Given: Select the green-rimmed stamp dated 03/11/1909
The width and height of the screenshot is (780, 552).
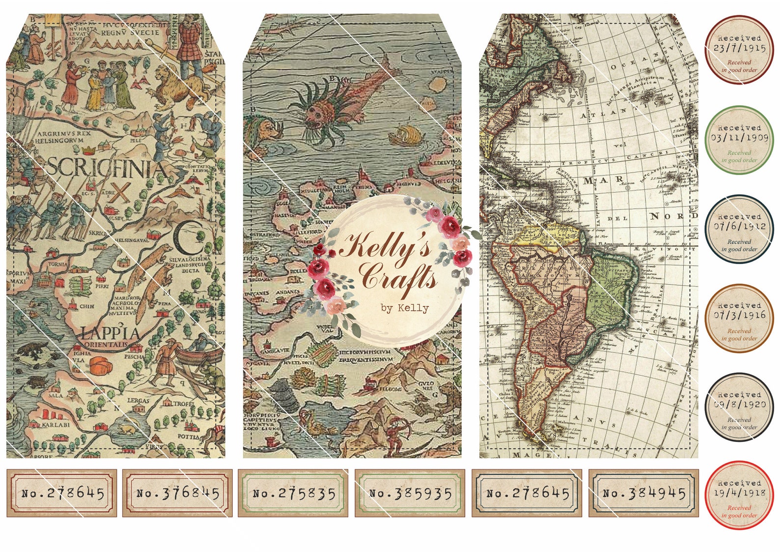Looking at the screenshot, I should [x=739, y=140].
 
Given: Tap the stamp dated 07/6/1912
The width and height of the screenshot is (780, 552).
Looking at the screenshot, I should [x=739, y=229].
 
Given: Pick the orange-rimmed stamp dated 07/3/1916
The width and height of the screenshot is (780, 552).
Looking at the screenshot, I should [x=739, y=318].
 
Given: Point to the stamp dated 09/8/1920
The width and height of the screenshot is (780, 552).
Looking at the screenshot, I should [x=739, y=407].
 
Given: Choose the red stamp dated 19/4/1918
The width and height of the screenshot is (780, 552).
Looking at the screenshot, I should [x=739, y=495].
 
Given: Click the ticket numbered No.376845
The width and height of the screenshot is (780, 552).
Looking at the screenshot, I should [x=177, y=493].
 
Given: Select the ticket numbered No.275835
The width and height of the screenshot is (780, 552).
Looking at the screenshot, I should [x=293, y=493].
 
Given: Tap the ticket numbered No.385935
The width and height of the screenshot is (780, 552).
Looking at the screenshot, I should [x=410, y=493].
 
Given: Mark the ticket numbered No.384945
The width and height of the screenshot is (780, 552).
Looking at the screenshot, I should [x=643, y=493].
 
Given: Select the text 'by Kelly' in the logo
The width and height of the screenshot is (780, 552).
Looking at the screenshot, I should [x=404, y=308].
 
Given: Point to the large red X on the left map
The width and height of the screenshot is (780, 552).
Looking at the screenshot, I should [x=123, y=193].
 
